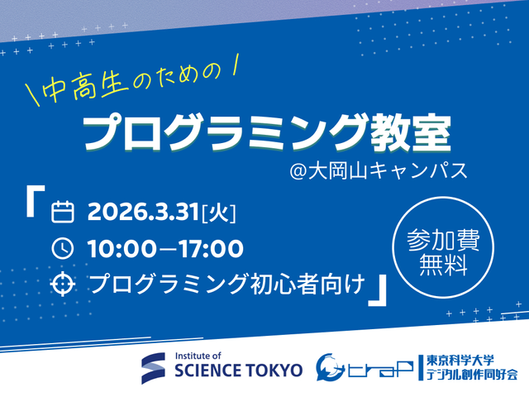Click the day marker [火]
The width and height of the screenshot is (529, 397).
click(x=219, y=213)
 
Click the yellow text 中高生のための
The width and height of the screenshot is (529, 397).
click(x=133, y=86)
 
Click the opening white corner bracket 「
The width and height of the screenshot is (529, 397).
click(x=36, y=204)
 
